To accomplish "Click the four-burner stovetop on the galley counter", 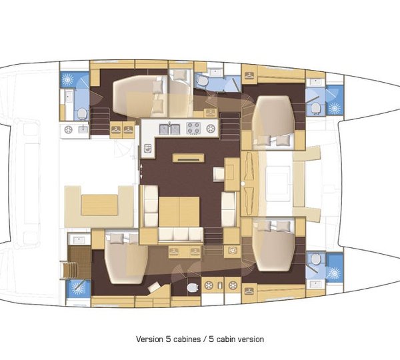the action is (x=193, y=129).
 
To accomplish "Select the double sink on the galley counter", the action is (x=169, y=129).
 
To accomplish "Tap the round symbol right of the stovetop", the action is (x=211, y=129).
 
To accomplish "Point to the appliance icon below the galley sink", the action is (x=148, y=148).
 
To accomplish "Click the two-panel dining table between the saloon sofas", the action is (x=179, y=211).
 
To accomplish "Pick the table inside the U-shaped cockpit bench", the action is (x=99, y=205).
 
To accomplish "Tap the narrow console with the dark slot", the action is (x=188, y=158).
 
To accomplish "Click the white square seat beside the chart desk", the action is (x=219, y=175).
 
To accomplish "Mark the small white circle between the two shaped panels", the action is (x=243, y=183).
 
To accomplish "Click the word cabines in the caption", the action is (x=187, y=339).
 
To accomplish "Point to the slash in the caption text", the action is (x=205, y=339).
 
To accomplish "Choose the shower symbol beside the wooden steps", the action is (x=78, y=289).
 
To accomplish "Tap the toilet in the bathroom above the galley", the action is (x=202, y=81).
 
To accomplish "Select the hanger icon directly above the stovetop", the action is (x=211, y=113).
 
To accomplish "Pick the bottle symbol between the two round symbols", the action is (x=220, y=286).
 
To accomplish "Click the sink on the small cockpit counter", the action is (x=83, y=130).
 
